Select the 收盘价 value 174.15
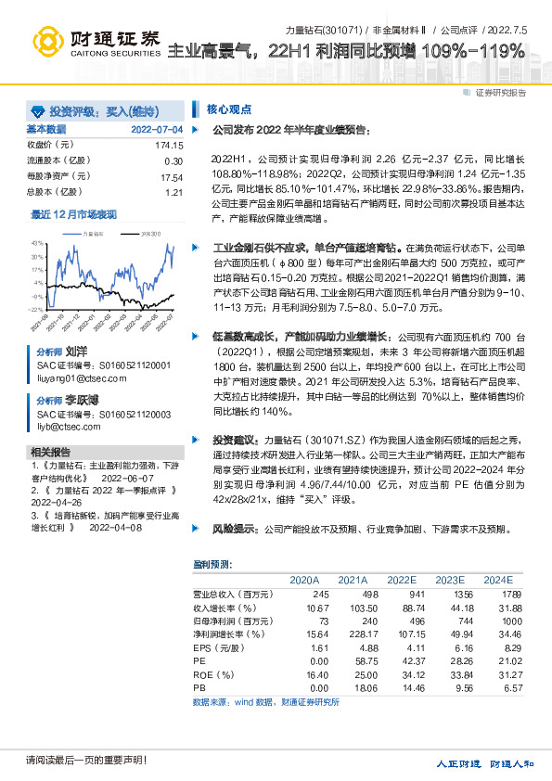tap(169, 146)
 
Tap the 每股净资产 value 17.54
tap(172, 177)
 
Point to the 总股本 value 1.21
tap(174, 192)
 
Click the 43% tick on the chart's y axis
tap(36, 242)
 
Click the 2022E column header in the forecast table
tap(402, 579)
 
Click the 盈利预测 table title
tap(212, 564)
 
